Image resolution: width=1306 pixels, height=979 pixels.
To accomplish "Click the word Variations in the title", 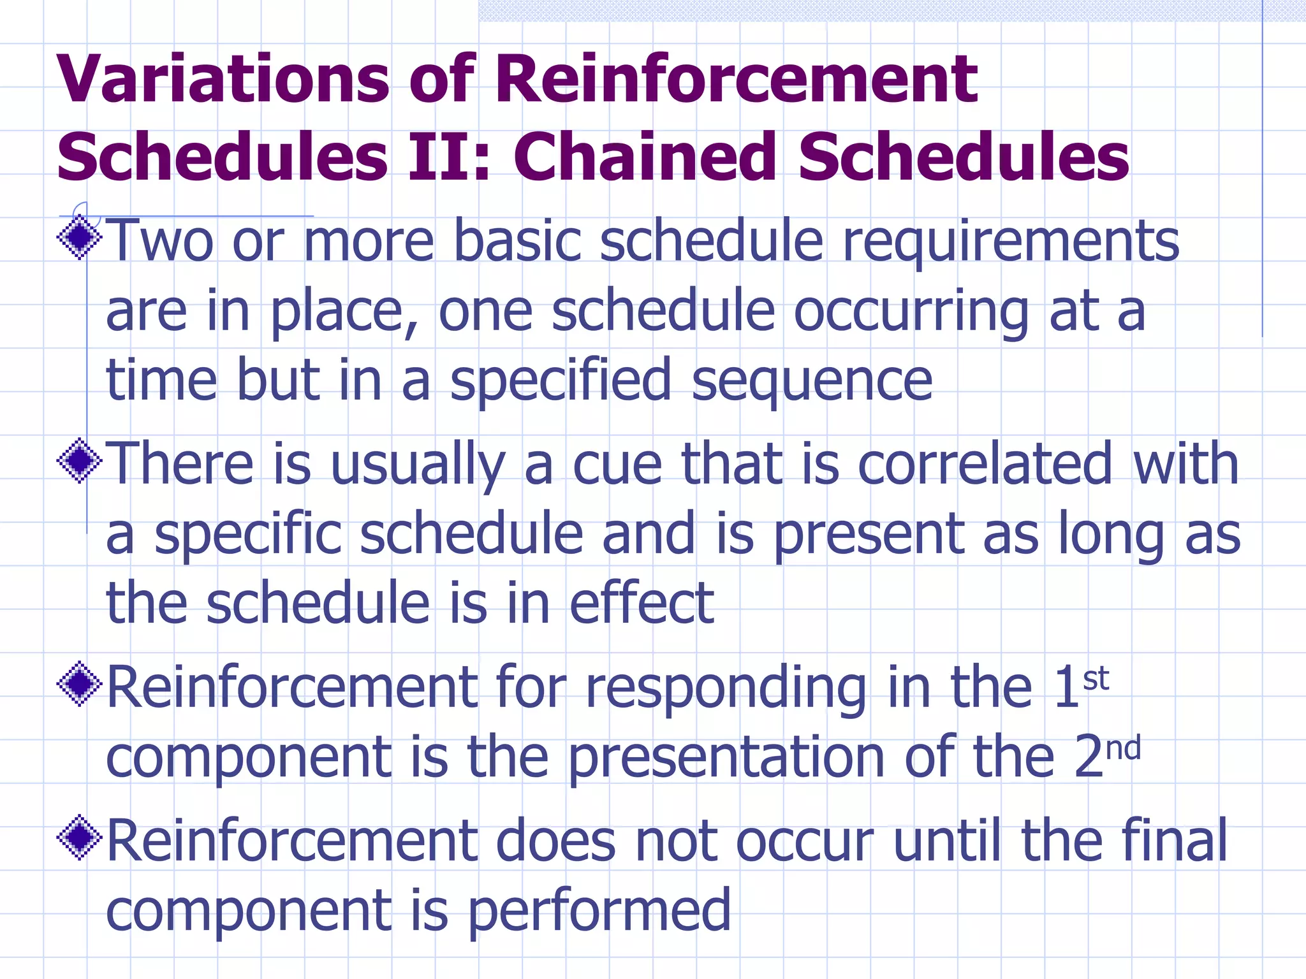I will pyautogui.click(x=223, y=79).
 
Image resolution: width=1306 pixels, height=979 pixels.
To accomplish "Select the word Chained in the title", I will pyautogui.click(x=645, y=157).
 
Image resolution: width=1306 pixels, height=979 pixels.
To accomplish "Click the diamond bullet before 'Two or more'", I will pyautogui.click(x=80, y=238).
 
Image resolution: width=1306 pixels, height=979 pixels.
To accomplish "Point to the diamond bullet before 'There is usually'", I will pyautogui.click(x=80, y=461).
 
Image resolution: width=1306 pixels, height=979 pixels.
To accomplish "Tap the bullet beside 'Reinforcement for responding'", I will pyautogui.click(x=80, y=684).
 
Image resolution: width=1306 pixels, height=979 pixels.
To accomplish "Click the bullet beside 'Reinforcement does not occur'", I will pyautogui.click(x=80, y=838).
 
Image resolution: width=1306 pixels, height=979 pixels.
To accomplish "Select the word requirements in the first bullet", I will pyautogui.click(x=1010, y=242).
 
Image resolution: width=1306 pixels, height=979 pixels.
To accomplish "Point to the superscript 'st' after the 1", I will pyautogui.click(x=1096, y=679).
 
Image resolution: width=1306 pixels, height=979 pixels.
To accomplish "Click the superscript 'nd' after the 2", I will pyautogui.click(x=1124, y=748).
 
